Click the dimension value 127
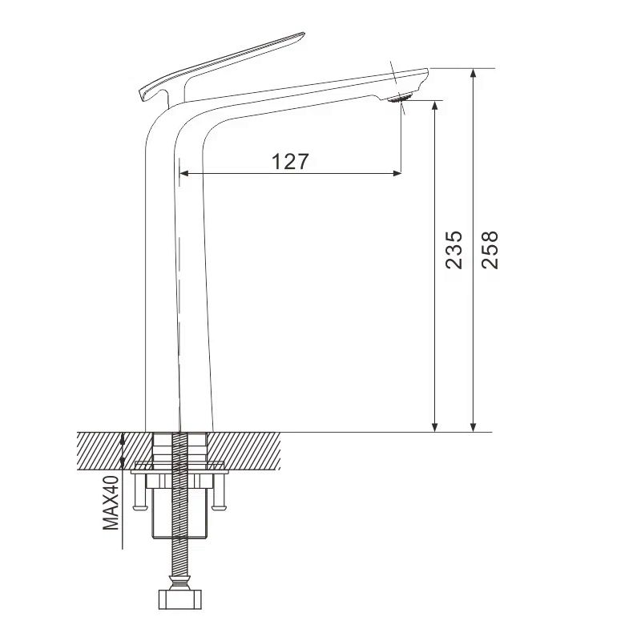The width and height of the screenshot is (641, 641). click(x=290, y=161)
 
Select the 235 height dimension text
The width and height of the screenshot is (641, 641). click(x=454, y=249)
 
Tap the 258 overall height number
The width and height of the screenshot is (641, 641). click(x=490, y=249)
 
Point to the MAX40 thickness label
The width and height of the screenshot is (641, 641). click(x=111, y=502)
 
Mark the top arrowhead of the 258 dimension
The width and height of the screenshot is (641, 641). click(x=474, y=74)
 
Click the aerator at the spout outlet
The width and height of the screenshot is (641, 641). click(x=400, y=99)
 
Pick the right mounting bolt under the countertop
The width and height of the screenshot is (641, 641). click(x=218, y=490)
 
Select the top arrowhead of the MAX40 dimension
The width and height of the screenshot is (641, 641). click(x=123, y=437)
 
